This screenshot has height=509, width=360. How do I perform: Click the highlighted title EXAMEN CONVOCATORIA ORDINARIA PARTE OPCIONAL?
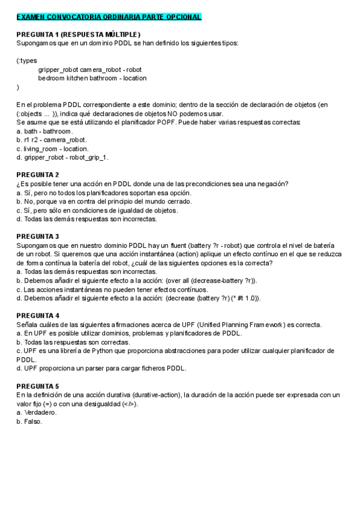pyautogui.click(x=109, y=17)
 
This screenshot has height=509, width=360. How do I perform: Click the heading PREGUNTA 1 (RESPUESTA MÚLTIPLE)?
pyautogui.click(x=78, y=34)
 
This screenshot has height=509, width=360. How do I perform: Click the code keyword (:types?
pyautogui.click(x=27, y=61)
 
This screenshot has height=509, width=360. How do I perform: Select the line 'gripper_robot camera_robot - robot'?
pyautogui.click(x=89, y=70)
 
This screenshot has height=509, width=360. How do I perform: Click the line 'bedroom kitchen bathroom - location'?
pyautogui.click(x=92, y=78)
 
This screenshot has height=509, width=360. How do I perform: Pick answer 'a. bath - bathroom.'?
pyautogui.click(x=44, y=131)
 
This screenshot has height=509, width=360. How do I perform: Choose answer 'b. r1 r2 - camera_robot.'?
pyautogui.click(x=51, y=140)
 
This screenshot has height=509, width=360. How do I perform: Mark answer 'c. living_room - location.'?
pyautogui.click(x=52, y=148)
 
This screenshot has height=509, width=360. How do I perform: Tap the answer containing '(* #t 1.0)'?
pyautogui.click(x=139, y=298)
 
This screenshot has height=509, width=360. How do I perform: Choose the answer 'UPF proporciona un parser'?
pyautogui.click(x=101, y=369)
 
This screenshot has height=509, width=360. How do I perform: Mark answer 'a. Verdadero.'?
pyautogui.click(x=37, y=412)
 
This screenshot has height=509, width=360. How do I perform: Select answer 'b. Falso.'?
pyautogui.click(x=29, y=421)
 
